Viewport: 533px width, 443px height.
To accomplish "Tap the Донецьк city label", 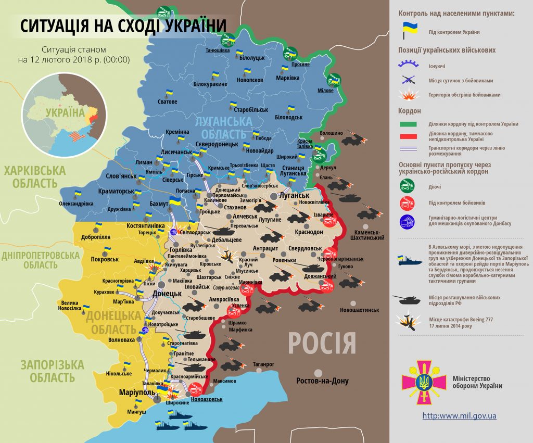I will (x=167, y=294).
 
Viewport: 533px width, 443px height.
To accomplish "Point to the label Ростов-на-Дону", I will (x=323, y=381).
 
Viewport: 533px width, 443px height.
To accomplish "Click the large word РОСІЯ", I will (x=322, y=343).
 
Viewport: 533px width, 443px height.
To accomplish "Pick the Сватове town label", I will (x=167, y=102).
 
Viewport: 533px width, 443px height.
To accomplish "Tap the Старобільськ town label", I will (x=251, y=110).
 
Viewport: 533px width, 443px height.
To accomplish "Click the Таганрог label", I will (x=263, y=364).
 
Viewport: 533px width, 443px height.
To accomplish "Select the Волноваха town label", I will (x=121, y=339).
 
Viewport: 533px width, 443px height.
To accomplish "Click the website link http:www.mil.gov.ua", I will (x=459, y=415).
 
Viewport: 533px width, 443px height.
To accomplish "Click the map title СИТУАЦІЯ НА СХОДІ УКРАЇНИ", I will (x=124, y=26).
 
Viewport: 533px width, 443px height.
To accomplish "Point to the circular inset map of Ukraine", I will (x=64, y=115).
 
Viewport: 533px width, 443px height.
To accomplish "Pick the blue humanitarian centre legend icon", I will (x=407, y=221).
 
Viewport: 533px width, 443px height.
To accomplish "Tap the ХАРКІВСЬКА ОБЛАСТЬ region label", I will (x=35, y=176).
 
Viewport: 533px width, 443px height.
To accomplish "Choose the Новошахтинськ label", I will (x=359, y=310).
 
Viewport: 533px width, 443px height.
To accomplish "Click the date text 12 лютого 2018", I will (x=73, y=60).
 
